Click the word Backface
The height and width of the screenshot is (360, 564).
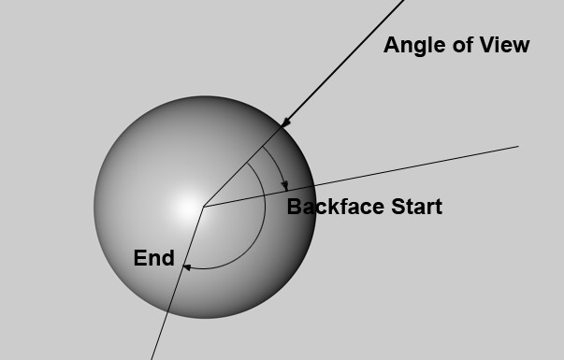[336, 207]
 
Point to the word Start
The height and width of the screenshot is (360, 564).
[416, 207]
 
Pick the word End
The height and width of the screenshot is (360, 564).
[154, 258]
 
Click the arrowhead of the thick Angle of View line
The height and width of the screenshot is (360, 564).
[285, 122]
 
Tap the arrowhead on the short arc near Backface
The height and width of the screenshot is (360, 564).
[285, 186]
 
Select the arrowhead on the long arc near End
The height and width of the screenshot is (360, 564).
[187, 267]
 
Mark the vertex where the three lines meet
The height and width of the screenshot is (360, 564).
[204, 207]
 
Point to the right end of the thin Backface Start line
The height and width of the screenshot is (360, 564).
[518, 147]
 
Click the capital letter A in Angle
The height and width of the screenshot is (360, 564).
[391, 45]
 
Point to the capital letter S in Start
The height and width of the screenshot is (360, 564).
[398, 207]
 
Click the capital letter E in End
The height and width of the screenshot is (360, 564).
[139, 258]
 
